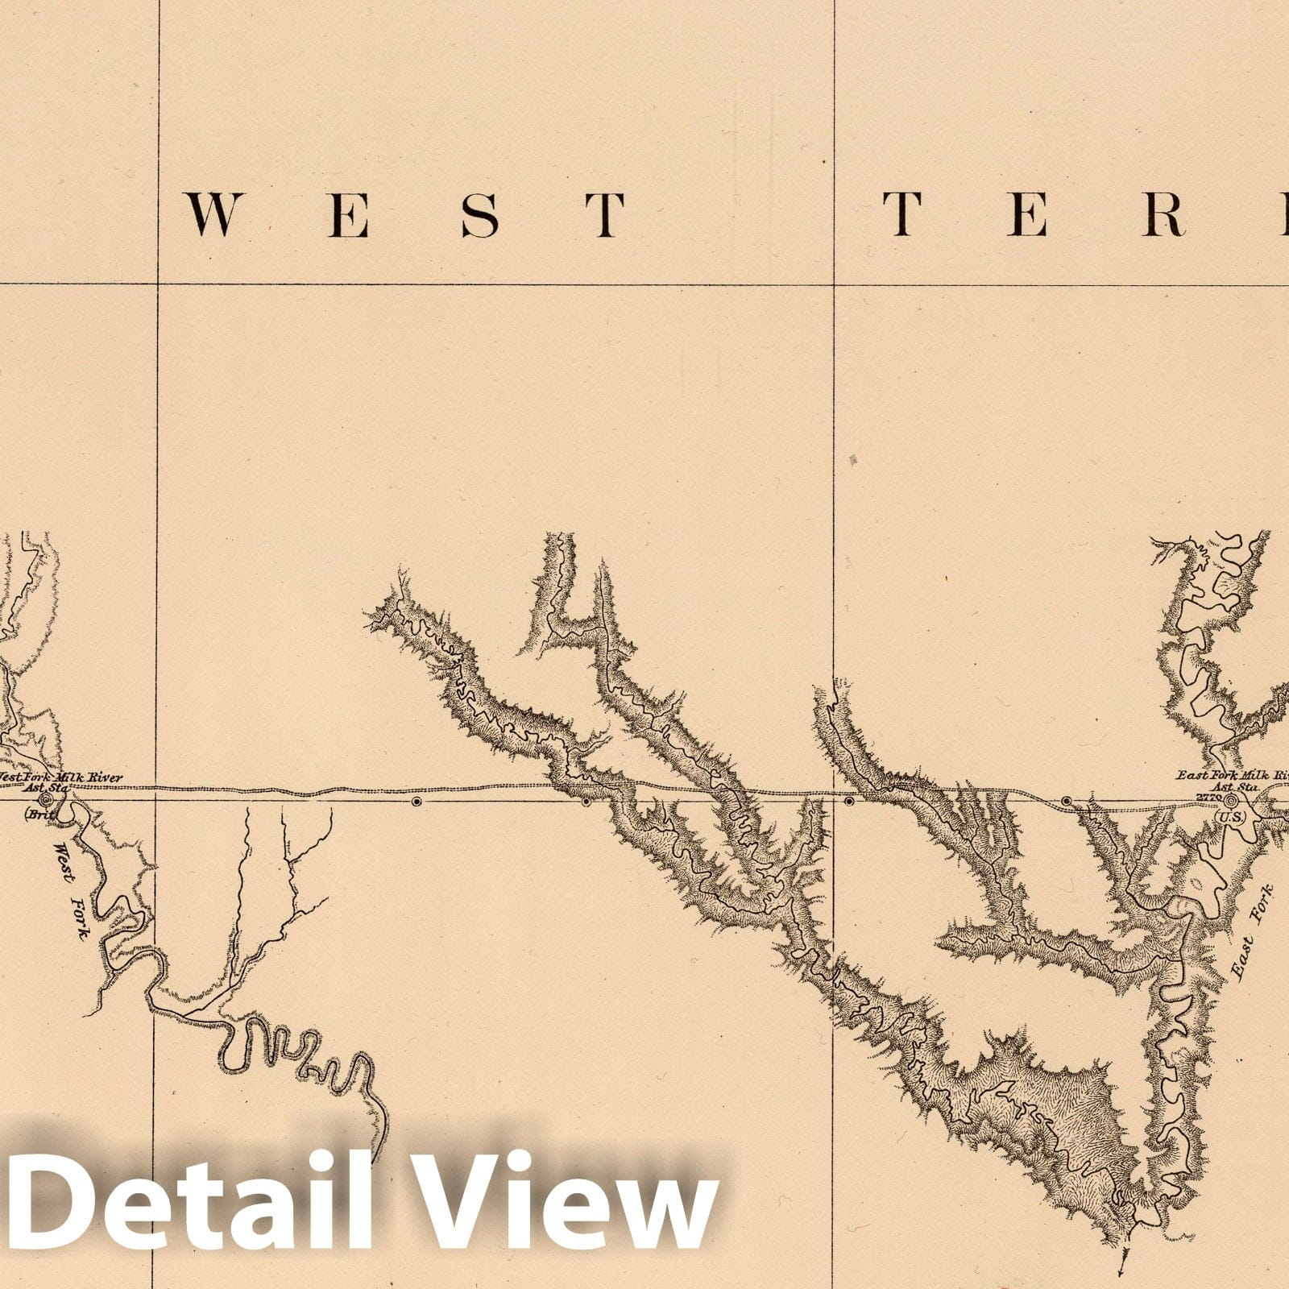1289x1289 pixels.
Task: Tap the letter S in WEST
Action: [479, 215]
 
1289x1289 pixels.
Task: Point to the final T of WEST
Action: [604, 215]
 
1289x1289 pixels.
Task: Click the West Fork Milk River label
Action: [60, 777]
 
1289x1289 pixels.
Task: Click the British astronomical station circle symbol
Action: [45, 800]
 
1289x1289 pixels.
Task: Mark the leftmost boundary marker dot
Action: [416, 802]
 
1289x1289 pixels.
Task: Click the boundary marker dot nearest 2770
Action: [1067, 801]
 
